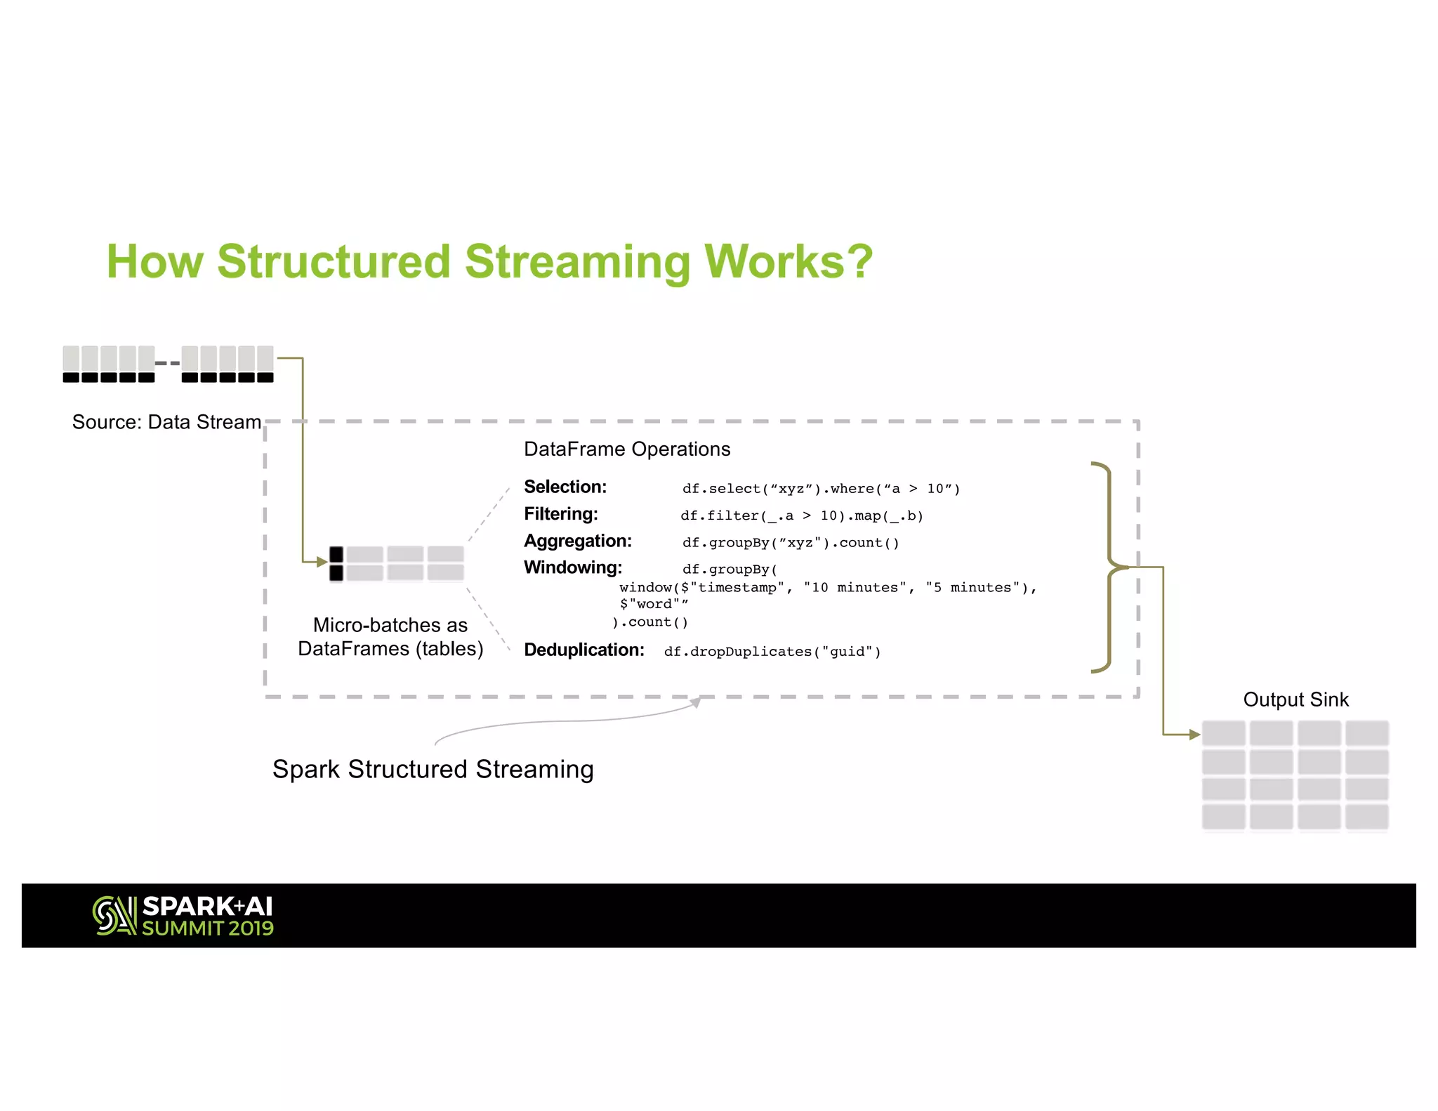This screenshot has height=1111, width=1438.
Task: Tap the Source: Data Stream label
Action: (166, 422)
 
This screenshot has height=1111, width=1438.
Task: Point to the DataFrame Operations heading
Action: (627, 449)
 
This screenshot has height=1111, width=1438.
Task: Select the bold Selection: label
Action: (565, 487)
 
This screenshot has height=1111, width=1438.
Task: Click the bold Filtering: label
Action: (560, 514)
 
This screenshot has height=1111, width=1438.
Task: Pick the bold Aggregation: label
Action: (577, 541)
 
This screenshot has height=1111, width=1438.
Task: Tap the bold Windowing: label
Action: (572, 567)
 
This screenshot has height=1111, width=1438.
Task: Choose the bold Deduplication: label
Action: (583, 650)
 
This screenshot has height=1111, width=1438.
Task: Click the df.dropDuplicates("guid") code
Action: (772, 652)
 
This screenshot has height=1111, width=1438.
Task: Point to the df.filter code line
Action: (801, 515)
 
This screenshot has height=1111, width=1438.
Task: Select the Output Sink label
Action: (1295, 699)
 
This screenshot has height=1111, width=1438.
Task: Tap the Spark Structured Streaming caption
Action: (433, 769)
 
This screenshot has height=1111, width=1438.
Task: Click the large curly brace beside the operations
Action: (1107, 567)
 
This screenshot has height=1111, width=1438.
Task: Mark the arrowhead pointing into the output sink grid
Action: (1194, 735)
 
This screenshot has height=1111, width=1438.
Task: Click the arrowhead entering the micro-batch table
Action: (322, 562)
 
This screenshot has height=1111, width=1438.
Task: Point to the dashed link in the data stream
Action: (168, 363)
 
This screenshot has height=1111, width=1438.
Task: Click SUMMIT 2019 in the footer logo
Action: (208, 928)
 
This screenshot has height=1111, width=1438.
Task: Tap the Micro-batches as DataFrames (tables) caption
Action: (390, 637)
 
